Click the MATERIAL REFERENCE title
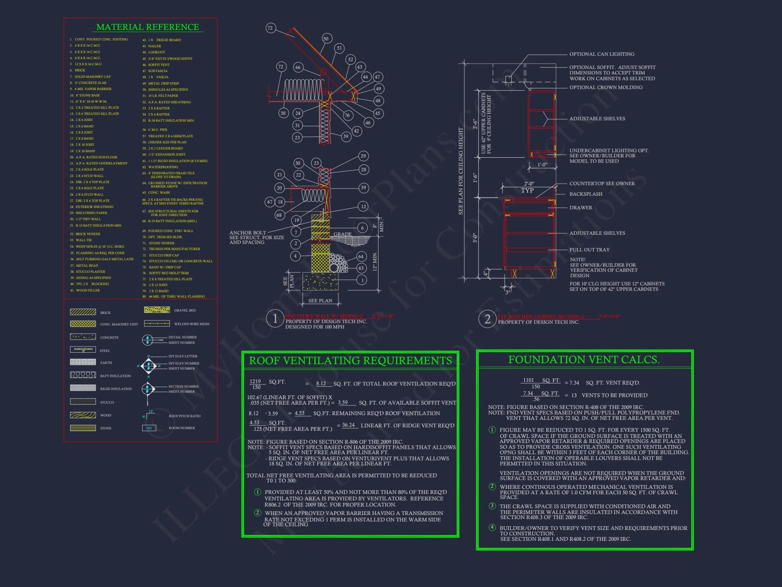(147, 27)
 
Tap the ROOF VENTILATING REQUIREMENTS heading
(350, 360)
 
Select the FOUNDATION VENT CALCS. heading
(584, 360)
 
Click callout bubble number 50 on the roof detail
(326, 38)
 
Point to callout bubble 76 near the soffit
(347, 115)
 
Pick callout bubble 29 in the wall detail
(363, 156)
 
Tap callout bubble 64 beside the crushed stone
(361, 257)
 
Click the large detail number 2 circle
(487, 319)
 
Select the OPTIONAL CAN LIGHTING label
(602, 54)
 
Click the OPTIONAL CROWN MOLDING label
(606, 87)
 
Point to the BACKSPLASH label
(586, 194)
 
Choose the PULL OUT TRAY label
(589, 250)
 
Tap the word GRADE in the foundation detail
(343, 234)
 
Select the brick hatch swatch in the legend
(83, 312)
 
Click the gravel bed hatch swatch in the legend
(157, 310)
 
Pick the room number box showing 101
(149, 428)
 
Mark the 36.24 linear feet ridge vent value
(348, 425)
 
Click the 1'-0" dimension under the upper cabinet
(542, 165)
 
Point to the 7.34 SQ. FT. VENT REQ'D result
(574, 383)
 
